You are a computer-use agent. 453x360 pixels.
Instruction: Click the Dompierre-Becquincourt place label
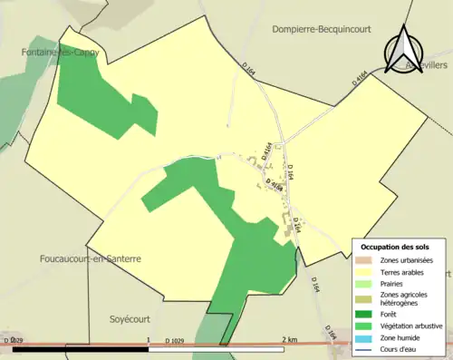[x=323, y=29]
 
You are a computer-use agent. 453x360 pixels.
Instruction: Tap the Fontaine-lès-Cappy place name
[x=61, y=53]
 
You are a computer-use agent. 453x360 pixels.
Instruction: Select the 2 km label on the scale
[x=289, y=339]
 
